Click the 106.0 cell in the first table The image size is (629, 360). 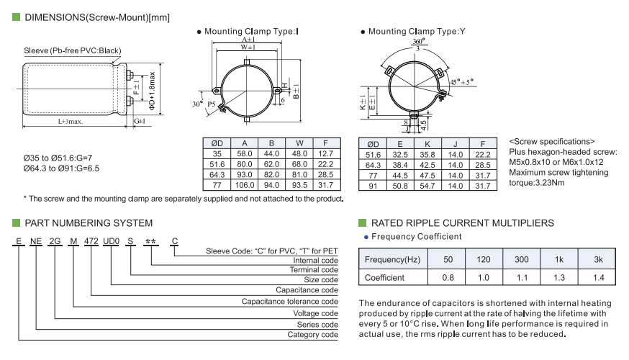[x=245, y=184]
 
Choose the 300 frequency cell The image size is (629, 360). [x=522, y=259]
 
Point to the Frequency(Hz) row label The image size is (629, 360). [x=392, y=259]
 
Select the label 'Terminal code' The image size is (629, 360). [x=315, y=270]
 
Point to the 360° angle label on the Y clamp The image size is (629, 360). [x=418, y=42]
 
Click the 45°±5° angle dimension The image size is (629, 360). [x=462, y=82]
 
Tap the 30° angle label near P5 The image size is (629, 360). [x=197, y=104]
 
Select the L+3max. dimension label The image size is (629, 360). [x=71, y=122]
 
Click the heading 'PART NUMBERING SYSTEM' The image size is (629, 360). [x=89, y=223]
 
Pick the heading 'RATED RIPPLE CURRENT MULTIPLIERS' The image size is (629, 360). [x=461, y=223]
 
